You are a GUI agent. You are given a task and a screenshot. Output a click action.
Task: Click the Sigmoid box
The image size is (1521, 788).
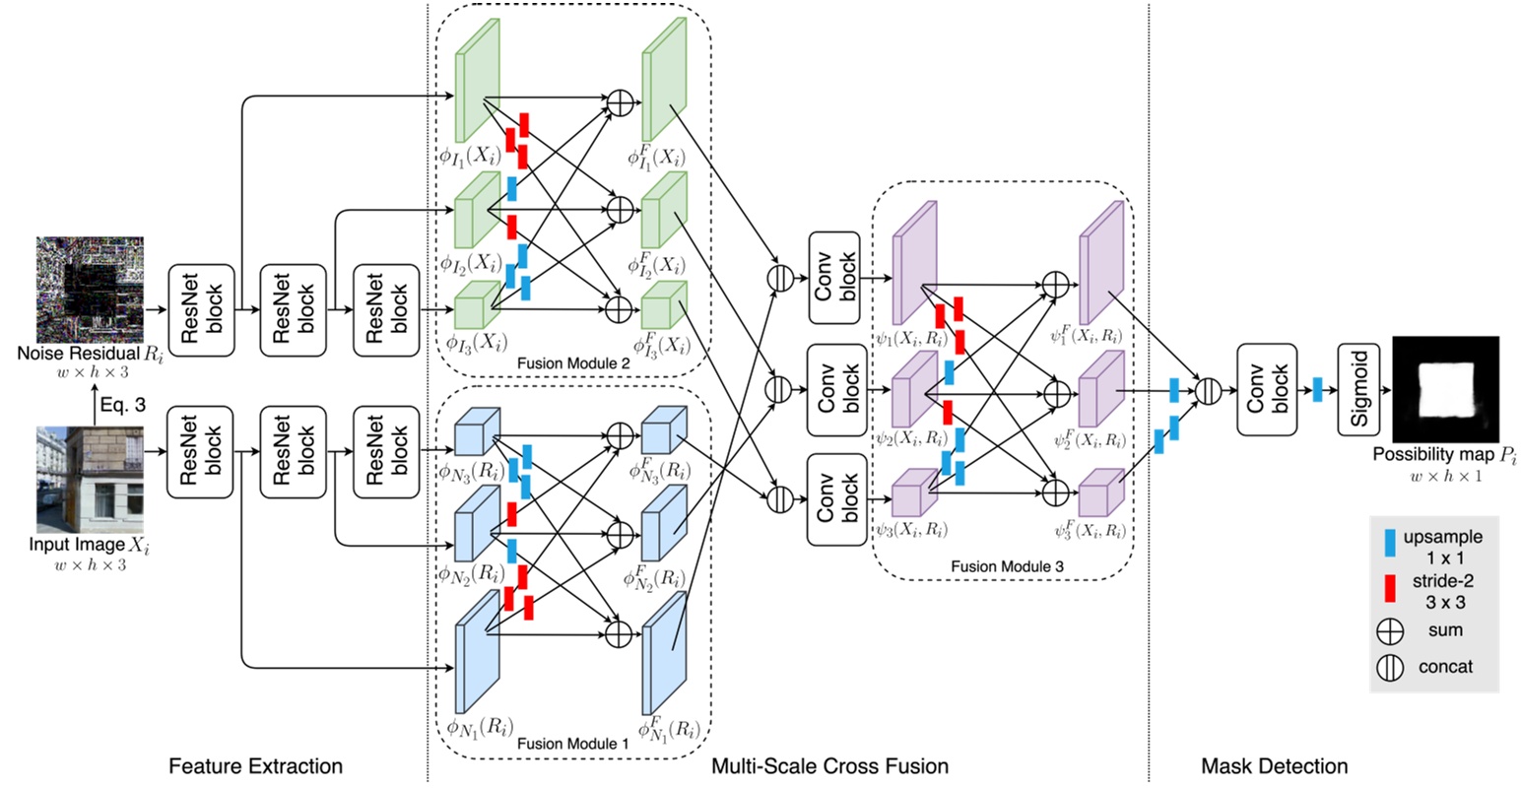[1360, 390]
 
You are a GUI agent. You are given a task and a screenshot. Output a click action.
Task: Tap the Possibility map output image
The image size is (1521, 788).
[1445, 390]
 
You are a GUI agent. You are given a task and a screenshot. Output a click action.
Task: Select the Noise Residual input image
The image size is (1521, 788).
[90, 290]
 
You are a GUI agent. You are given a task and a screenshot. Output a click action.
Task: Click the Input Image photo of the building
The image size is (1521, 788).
[90, 480]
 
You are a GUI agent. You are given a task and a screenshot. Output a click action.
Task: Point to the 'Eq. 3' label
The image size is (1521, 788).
[122, 404]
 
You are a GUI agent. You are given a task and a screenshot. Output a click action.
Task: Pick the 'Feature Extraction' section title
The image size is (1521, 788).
[255, 766]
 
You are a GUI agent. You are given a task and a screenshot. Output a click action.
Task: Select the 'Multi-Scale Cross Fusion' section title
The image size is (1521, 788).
[829, 766]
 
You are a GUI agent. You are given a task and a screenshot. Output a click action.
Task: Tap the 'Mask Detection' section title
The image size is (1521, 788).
[1275, 766]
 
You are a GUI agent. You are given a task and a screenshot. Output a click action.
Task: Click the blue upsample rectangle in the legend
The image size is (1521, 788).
[1390, 542]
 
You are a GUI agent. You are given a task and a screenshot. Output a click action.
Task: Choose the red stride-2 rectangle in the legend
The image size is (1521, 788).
[1390, 589]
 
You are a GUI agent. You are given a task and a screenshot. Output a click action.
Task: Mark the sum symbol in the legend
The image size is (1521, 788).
[1390, 631]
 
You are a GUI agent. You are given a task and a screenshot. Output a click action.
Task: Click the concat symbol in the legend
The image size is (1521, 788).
[1390, 668]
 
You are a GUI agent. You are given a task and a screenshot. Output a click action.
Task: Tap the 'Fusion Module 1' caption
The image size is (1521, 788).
[572, 744]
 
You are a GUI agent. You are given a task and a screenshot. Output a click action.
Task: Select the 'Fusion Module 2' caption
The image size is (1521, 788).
[572, 363]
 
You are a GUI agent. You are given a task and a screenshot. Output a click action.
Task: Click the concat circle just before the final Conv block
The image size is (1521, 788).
[1208, 390]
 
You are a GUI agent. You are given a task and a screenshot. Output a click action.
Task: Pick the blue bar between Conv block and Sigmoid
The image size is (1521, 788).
[1317, 390]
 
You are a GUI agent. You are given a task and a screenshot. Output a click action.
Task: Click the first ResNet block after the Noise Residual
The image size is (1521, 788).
[201, 309]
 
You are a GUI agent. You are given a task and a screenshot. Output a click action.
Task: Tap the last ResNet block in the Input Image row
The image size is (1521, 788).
[386, 453]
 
